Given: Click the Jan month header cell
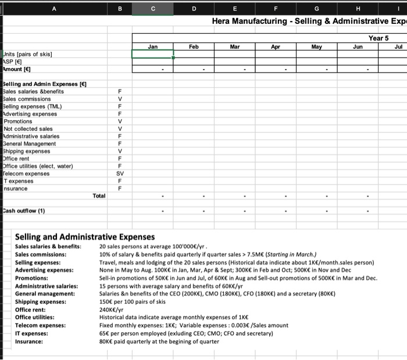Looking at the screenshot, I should click(x=153, y=45).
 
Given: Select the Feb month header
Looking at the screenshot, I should click(x=194, y=45).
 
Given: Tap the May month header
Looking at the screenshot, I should click(x=316, y=45).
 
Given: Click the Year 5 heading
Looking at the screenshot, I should click(x=379, y=38).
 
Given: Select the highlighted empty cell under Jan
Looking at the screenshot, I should click(x=153, y=54).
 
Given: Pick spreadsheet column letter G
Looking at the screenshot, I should click(x=316, y=9).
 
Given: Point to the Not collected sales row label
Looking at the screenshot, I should click(x=28, y=129).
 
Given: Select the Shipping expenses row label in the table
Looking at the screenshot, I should click(x=30, y=151).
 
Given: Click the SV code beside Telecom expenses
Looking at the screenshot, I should click(x=120, y=173).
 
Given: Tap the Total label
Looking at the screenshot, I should click(x=99, y=196).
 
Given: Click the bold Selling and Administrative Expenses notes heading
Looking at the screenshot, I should click(x=84, y=237).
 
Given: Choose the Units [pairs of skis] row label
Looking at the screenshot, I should click(x=28, y=54).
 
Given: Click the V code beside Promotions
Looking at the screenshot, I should click(x=120, y=121).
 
